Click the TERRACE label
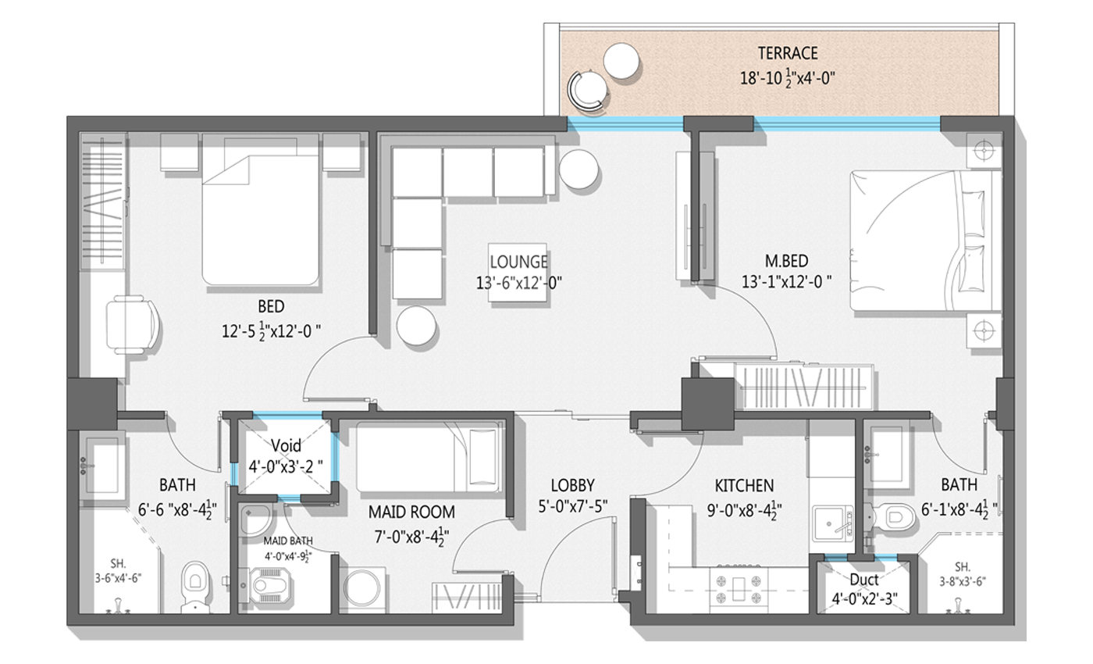(788, 53)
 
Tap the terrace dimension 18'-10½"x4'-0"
(788, 78)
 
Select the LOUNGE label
(518, 262)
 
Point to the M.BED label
(786, 261)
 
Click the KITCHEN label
(744, 486)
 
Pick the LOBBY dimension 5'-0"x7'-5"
(573, 507)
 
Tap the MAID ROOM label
(411, 512)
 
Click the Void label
(286, 445)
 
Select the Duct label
(864, 580)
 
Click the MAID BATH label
(288, 541)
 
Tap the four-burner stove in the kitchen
(737, 589)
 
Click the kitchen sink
(833, 523)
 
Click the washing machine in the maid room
(364, 589)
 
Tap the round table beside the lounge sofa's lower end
(416, 326)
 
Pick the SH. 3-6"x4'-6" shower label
(118, 571)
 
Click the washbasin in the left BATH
(101, 466)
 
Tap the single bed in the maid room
(428, 457)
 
